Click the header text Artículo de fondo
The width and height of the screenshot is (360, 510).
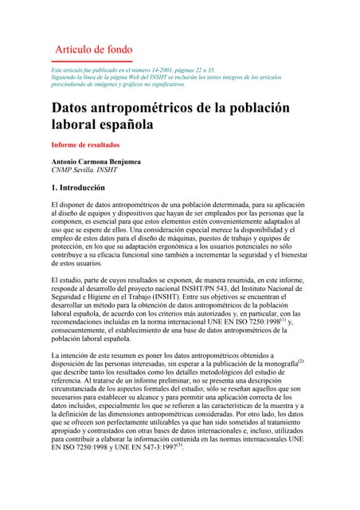click(93, 49)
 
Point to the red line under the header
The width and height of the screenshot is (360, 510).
click(92, 61)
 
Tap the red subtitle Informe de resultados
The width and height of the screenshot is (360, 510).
click(85, 145)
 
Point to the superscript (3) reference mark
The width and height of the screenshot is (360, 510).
click(178, 445)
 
